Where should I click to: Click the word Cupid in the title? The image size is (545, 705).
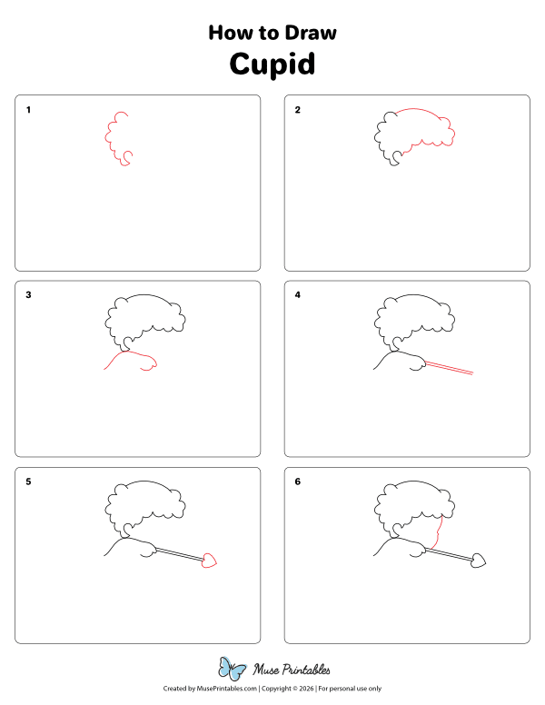[x=272, y=65]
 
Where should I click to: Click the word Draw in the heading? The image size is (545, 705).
[x=310, y=33]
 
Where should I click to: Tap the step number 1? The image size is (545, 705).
[x=28, y=110]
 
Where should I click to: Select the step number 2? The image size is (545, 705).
[x=298, y=110]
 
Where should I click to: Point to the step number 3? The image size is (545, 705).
[x=28, y=295]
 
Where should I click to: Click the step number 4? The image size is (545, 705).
[x=298, y=295]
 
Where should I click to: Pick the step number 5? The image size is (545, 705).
[x=28, y=482]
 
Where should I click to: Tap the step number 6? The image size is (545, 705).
[x=298, y=482]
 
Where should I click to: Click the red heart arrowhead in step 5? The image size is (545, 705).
[x=209, y=561]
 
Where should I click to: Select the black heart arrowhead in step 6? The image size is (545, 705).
[x=479, y=561]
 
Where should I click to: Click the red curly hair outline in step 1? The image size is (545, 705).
[x=114, y=141]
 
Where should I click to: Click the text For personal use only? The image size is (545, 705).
[x=349, y=690]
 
